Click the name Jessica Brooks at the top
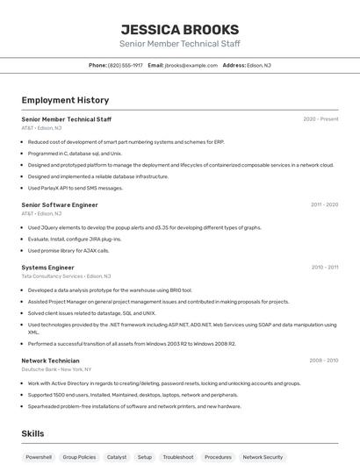pos(179,29)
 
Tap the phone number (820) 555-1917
pos(125,65)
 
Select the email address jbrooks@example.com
pos(191,65)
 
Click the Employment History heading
pos(65,100)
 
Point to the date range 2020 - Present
pos(320,119)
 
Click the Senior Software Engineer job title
pos(60,204)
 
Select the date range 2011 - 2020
pos(324,204)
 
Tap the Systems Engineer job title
pos(47,267)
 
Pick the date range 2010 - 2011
pos(324,267)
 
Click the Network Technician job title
pos(50,361)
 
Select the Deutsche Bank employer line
pos(59,369)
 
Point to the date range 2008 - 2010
pos(323,361)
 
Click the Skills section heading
pos(32,433)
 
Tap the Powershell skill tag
pos(39,457)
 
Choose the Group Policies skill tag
pos(80,457)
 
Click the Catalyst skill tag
pos(117,457)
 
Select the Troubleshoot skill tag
pos(178,457)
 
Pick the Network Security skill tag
pos(263,457)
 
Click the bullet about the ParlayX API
pos(76,188)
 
